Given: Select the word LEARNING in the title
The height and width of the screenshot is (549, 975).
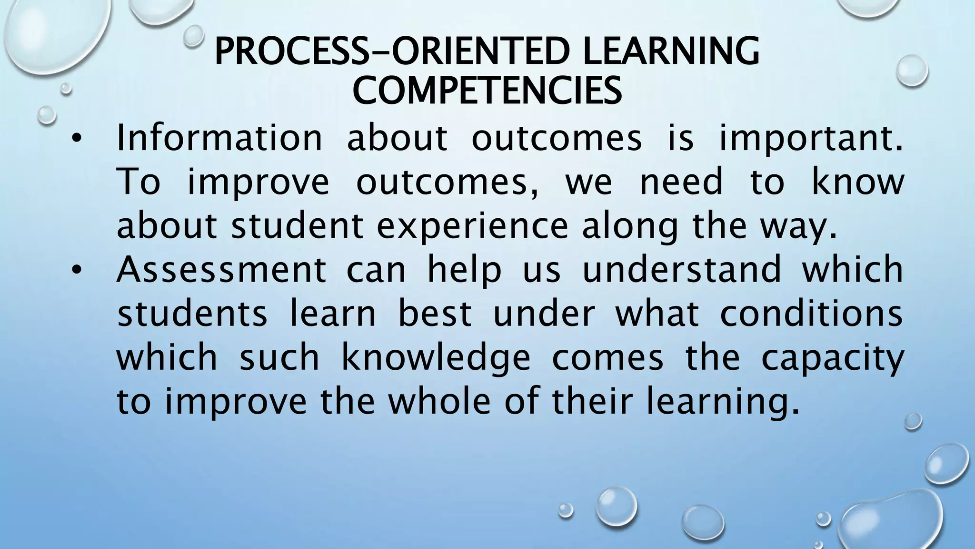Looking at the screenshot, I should pyautogui.click(x=671, y=51).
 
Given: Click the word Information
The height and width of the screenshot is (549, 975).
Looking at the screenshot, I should pyautogui.click(x=219, y=138).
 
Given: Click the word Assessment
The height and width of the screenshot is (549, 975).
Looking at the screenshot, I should pyautogui.click(x=221, y=270).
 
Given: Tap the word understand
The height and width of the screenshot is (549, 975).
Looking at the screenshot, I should pyautogui.click(x=682, y=270).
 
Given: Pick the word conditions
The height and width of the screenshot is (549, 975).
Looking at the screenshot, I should pyautogui.click(x=811, y=314).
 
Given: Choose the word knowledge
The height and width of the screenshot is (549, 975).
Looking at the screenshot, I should pyautogui.click(x=436, y=358).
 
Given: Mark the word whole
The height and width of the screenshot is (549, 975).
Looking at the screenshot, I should pyautogui.click(x=439, y=401).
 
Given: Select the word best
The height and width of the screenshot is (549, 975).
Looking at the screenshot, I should pyautogui.click(x=434, y=314).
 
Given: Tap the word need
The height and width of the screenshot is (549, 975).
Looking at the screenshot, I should pyautogui.click(x=681, y=182).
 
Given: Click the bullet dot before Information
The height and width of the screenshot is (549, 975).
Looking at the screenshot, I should pyautogui.click(x=76, y=140).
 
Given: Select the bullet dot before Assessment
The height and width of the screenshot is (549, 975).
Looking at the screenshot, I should pyautogui.click(x=76, y=271).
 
